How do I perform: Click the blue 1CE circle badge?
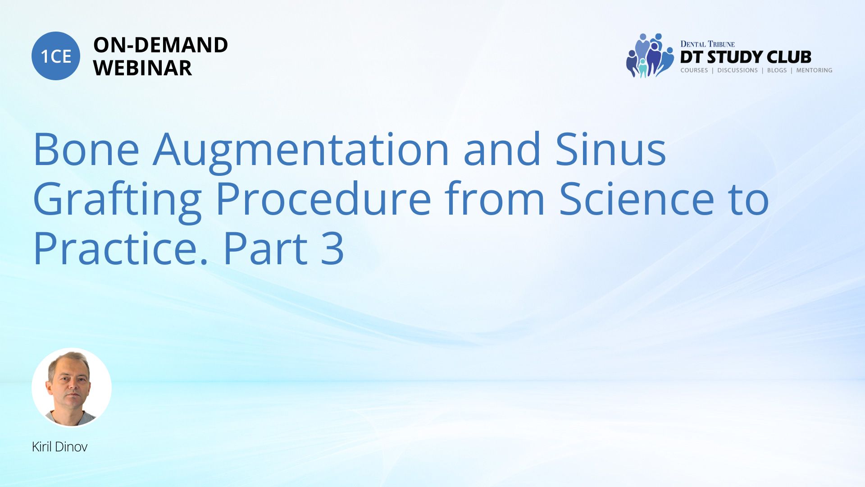[56, 56]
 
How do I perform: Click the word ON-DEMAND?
[160, 45]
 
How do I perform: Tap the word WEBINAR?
[142, 68]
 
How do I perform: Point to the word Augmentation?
[301, 152]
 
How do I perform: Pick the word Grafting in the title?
[117, 202]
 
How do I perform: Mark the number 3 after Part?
[332, 248]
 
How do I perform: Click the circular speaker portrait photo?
[72, 387]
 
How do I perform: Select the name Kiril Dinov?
[59, 447]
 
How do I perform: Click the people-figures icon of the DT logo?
[650, 55]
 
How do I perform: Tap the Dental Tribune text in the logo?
[707, 44]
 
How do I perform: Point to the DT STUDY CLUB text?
[746, 57]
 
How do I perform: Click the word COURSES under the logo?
[694, 70]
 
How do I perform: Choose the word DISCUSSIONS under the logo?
[738, 70]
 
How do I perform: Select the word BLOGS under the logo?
[777, 70]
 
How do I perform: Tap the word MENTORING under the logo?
[814, 70]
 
